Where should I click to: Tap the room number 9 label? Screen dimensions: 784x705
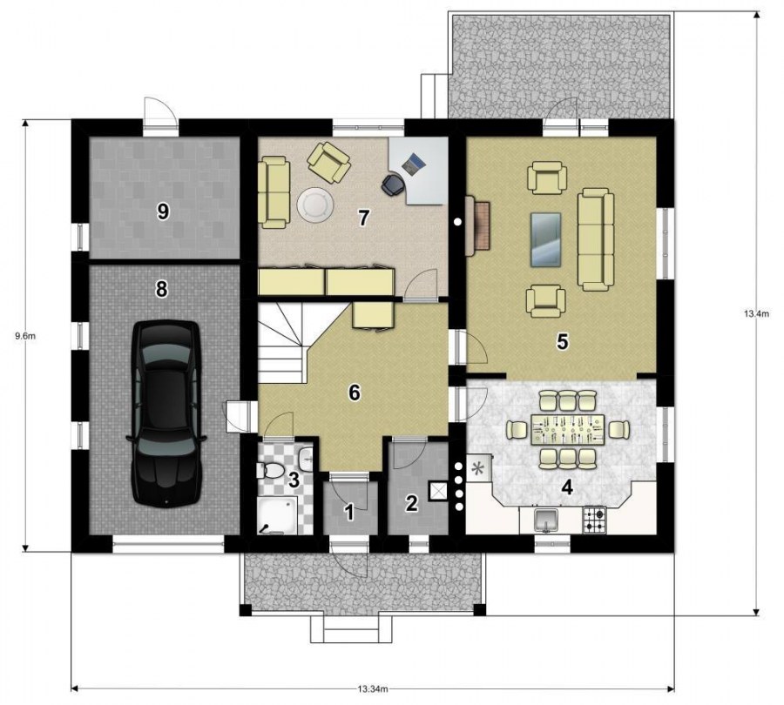(163, 211)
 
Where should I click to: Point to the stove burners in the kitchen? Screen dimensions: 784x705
(594, 520)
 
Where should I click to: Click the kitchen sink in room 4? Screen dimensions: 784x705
(547, 520)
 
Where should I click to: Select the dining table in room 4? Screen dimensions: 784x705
(567, 429)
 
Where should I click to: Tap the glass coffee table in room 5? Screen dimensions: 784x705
(545, 238)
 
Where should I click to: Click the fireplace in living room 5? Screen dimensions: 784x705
(477, 225)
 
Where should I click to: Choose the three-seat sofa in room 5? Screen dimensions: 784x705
(596, 239)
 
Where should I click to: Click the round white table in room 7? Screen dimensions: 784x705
(315, 205)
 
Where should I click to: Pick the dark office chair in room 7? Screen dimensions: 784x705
(393, 184)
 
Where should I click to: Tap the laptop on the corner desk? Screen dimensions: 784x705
(414, 164)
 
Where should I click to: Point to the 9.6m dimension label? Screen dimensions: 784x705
(25, 336)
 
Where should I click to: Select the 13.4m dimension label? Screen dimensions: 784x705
(756, 314)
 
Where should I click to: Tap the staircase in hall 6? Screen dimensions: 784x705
(283, 343)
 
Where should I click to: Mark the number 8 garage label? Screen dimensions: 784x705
(161, 289)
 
